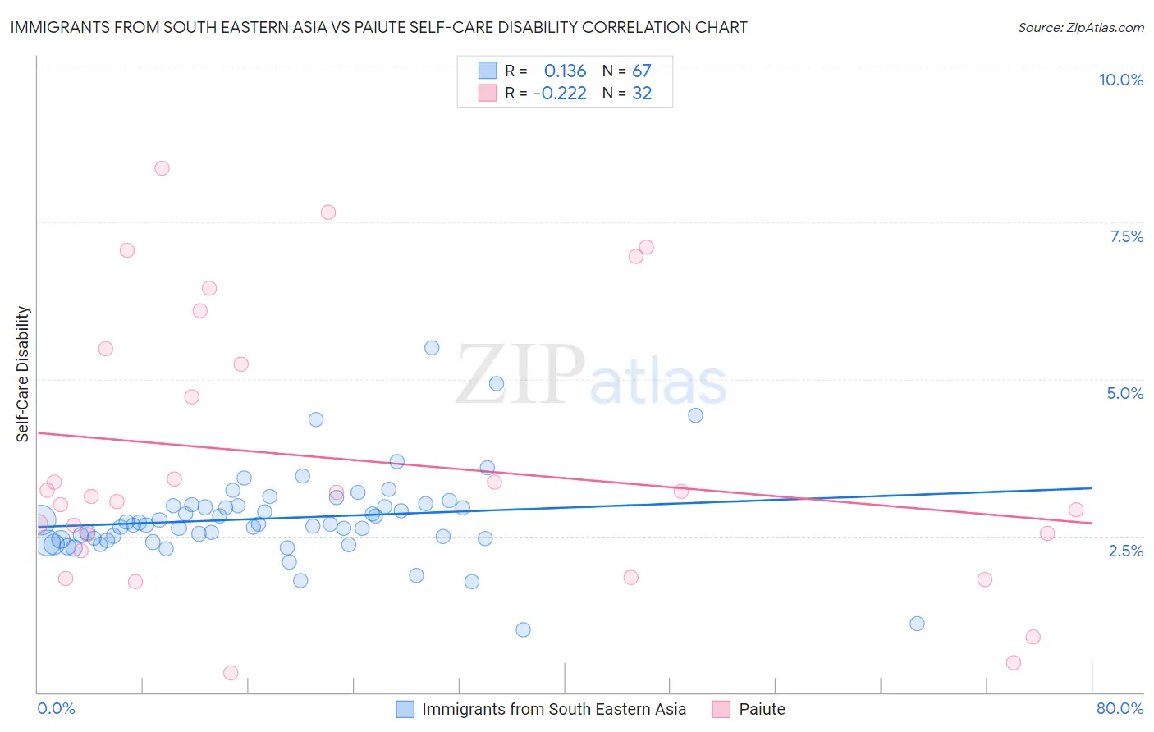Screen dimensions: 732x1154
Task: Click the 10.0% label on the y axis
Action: [1120, 80]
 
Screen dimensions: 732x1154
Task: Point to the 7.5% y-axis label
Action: [1126, 236]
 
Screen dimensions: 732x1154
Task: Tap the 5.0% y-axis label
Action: [1124, 393]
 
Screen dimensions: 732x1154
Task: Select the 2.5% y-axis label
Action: [1125, 551]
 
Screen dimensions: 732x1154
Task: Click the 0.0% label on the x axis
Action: [56, 708]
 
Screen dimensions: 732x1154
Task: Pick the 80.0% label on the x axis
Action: [1120, 708]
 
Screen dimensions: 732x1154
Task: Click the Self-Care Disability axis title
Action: [23, 374]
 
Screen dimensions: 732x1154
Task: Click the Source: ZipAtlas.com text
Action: [1080, 27]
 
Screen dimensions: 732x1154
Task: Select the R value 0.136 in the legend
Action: [565, 71]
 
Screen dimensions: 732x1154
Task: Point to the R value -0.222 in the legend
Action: [560, 94]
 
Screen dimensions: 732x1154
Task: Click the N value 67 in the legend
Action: [641, 71]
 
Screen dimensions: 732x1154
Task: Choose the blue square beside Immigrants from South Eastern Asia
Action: [405, 709]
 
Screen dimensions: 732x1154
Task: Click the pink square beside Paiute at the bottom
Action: [721, 709]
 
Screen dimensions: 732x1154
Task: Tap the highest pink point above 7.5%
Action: [162, 168]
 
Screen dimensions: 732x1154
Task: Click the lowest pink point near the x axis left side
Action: [231, 673]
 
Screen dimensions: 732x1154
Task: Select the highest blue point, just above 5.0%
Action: [432, 348]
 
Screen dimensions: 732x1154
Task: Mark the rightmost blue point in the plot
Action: [917, 624]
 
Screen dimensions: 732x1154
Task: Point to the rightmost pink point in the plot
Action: [1076, 510]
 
